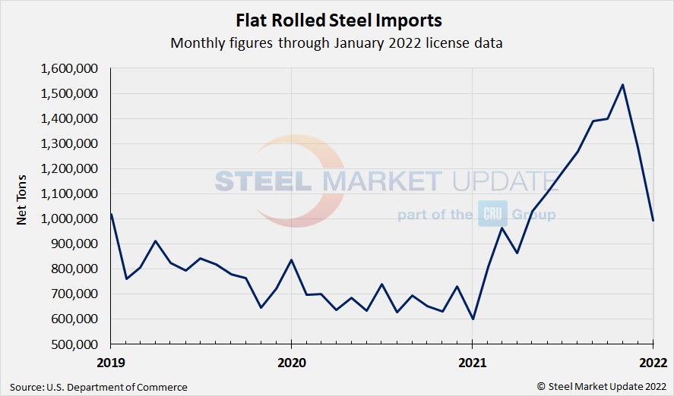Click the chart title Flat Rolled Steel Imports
click(336, 19)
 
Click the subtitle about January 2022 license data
click(336, 43)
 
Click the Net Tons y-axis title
click(24, 206)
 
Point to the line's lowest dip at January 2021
click(473, 319)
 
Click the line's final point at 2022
click(653, 220)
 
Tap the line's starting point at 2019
click(111, 214)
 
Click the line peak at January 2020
click(292, 259)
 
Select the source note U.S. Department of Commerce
click(99, 387)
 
